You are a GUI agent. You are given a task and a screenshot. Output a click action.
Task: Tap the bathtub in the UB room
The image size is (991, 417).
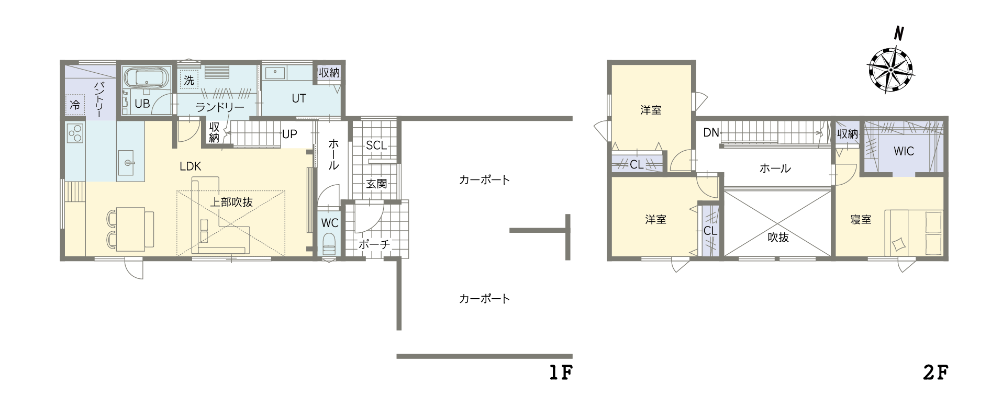tap(146, 77)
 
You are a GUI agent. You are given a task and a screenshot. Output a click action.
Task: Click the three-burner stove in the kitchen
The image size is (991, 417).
tap(75, 133)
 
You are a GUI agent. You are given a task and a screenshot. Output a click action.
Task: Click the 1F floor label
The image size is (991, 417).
tap(561, 372)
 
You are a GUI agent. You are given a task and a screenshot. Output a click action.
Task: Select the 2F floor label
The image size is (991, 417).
tap(936, 372)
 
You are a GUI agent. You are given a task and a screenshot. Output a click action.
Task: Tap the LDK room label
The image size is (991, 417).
tap(190, 166)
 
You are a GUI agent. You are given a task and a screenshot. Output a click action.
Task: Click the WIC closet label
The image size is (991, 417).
tap(904, 151)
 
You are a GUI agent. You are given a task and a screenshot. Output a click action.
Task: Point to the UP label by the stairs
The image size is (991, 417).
tap(289, 134)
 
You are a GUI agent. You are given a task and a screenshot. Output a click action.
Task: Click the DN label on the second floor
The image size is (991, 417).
tap(711, 132)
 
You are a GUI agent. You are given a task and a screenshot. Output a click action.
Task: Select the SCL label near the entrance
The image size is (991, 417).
tap(376, 145)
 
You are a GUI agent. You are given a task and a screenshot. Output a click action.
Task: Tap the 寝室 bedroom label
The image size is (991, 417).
tap(861, 220)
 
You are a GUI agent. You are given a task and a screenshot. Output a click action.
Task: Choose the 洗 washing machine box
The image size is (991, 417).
tap(189, 80)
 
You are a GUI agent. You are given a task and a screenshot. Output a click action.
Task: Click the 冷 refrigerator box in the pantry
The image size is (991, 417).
tap(75, 105)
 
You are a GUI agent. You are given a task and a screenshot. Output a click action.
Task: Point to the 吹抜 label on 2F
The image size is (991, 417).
tap(778, 237)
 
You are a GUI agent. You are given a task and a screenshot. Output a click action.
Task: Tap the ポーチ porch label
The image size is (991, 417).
tap(374, 244)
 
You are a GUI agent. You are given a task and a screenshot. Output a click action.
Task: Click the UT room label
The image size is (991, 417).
tap(298, 98)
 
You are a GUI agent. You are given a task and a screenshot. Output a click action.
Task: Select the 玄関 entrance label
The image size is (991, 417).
tap(376, 184)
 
